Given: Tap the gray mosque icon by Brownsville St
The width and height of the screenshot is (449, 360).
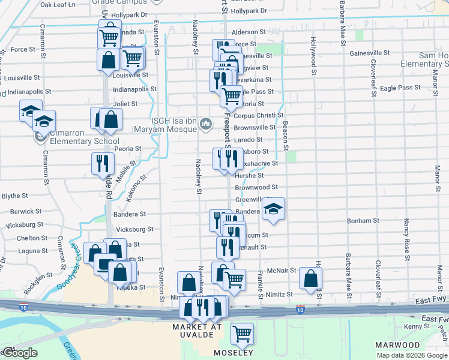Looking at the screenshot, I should (206, 124).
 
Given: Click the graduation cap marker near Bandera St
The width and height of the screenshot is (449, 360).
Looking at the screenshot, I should (273, 210).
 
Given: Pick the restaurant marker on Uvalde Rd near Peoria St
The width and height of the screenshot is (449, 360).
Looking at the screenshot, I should (103, 163).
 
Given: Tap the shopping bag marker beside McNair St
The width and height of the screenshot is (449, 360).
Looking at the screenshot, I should (310, 278).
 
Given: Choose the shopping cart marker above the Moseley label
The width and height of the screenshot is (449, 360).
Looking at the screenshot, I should (242, 334).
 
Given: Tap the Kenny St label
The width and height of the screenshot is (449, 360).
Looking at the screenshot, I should (413, 326).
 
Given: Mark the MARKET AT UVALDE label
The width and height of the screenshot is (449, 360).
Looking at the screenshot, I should (197, 331).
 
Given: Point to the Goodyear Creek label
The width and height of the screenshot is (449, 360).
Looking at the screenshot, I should (66, 265).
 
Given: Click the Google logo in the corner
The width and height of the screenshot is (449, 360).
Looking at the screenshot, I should (19, 353).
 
